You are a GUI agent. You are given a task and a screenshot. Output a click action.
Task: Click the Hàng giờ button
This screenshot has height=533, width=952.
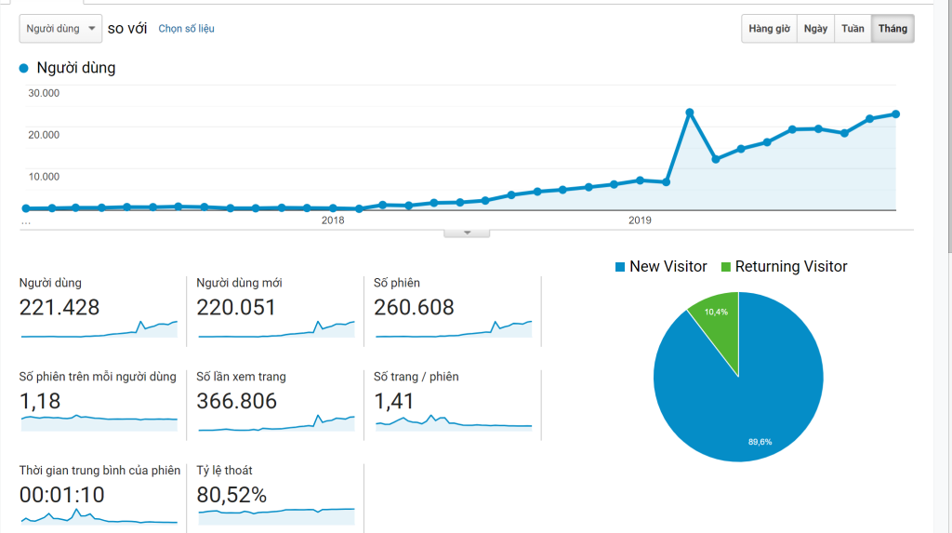[x=769, y=29]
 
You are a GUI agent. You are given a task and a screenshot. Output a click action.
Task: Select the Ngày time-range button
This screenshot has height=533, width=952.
[x=815, y=29]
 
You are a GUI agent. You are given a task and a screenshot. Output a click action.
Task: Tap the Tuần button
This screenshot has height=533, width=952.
[x=853, y=29]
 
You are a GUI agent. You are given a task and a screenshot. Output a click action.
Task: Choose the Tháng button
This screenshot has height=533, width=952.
[x=892, y=29]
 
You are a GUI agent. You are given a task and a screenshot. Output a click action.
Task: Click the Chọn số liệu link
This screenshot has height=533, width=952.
[x=186, y=29]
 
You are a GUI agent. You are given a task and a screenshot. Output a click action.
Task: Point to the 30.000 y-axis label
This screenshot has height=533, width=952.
[x=44, y=93]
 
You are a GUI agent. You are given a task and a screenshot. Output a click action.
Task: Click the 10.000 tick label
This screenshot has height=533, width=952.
[x=44, y=177]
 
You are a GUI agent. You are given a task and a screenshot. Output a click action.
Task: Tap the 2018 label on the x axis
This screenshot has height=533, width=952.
[x=333, y=220]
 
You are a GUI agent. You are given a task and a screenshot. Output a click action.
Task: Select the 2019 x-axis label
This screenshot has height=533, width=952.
[x=640, y=220]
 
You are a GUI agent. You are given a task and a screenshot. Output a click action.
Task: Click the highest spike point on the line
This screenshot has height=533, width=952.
[x=690, y=113]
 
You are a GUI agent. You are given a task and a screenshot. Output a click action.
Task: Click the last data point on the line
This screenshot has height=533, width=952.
[x=895, y=114]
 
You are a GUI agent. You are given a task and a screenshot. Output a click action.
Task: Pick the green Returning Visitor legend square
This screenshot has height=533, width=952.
[x=726, y=267]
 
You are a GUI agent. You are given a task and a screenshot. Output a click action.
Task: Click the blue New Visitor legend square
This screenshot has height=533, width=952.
[x=620, y=267]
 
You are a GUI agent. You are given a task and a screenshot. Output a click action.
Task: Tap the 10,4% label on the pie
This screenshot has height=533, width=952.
[x=717, y=312]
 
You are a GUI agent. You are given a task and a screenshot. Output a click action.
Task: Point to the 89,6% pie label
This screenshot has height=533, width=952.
[x=760, y=441]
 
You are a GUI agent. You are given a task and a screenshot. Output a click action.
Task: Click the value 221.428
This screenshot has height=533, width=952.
[x=59, y=307]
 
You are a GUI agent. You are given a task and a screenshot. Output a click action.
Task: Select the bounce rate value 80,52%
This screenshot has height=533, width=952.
[x=231, y=495]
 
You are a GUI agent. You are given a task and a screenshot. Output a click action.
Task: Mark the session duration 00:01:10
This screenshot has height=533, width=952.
[x=62, y=495]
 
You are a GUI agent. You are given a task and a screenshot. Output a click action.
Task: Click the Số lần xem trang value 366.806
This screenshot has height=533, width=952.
[x=237, y=401]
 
